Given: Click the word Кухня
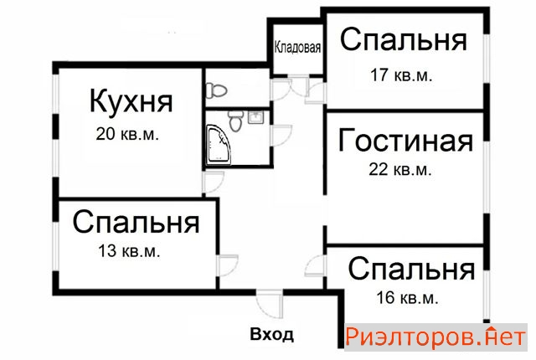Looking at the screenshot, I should click(131, 103).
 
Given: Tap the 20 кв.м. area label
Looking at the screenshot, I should click(128, 133).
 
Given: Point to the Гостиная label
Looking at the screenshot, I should click(405, 141).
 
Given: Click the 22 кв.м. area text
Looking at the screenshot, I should click(400, 169).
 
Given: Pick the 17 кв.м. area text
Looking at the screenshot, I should click(400, 75).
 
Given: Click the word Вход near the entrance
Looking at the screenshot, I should click(272, 335).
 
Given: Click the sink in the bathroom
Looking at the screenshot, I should click(255, 118).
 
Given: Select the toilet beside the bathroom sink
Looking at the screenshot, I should click(238, 122).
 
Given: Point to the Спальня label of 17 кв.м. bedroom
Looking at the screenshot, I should click(404, 40).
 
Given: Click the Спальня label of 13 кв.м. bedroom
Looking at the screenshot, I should click(136, 224).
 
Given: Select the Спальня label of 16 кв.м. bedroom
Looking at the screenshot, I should click(411, 270).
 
